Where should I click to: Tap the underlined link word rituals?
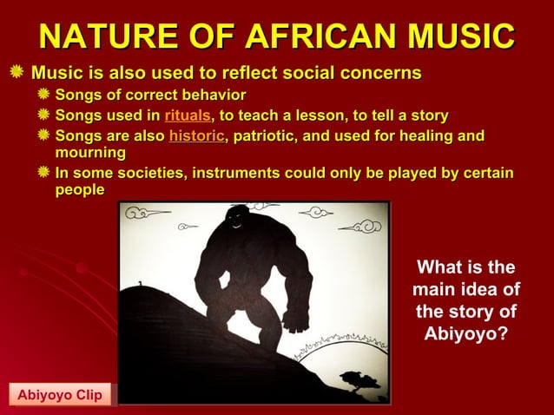(187, 115)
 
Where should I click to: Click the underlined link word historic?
(196, 135)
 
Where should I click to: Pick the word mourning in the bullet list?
(90, 153)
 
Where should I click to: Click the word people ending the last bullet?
(80, 189)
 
